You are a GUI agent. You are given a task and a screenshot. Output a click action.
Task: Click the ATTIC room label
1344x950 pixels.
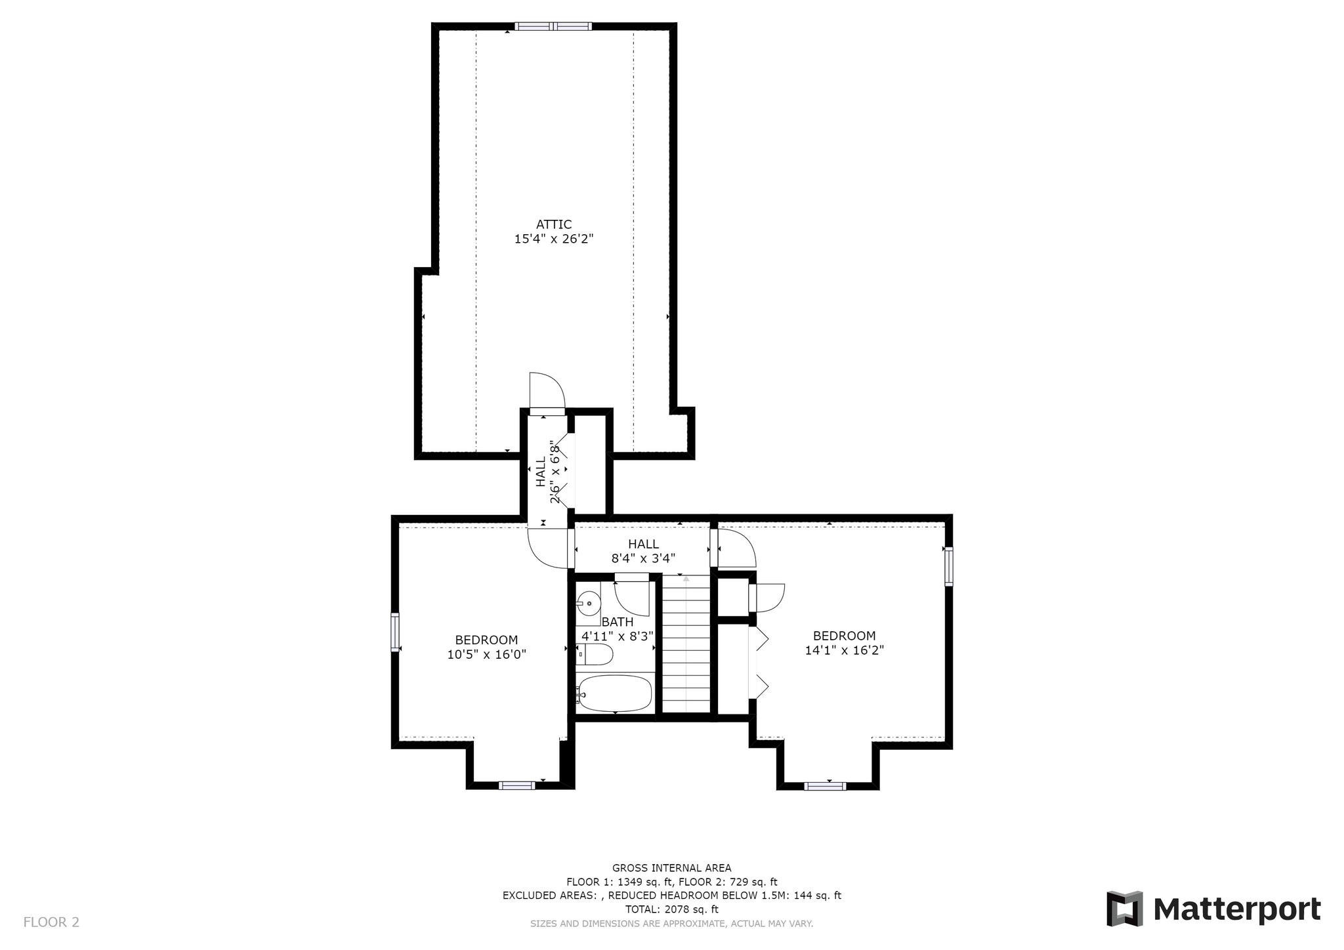pos(554,224)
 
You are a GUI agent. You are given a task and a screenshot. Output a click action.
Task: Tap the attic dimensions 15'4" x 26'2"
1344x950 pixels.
pos(554,239)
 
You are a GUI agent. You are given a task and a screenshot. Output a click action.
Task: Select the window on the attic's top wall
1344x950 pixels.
pos(553,26)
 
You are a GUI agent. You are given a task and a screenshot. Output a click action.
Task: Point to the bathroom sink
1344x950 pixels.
pos(589,602)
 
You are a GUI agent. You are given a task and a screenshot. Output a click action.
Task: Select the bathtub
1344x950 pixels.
pos(615,693)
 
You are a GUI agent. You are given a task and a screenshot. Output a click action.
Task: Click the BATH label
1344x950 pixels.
pos(618,622)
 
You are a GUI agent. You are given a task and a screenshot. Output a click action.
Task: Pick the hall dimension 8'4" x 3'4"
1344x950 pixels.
pos(643,558)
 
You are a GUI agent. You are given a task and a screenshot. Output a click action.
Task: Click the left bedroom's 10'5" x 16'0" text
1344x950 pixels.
pos(486,654)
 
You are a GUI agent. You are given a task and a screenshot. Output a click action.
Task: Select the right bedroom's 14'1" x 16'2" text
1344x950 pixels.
pos(844,650)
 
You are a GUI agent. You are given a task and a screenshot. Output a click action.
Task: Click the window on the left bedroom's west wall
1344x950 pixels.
pos(395,632)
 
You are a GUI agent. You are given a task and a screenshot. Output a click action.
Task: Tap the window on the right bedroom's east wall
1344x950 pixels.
pos(948,566)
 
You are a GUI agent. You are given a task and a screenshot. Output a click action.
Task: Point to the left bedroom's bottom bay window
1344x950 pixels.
pos(516,785)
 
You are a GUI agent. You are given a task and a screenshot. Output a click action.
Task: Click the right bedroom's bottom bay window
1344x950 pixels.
pos(825,786)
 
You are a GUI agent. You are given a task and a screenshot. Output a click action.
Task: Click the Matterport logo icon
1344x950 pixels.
pos(1125,909)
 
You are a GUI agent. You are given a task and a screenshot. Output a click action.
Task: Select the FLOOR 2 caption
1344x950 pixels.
pos(51,922)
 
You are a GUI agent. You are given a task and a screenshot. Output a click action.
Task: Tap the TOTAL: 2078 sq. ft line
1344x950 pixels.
pos(671,909)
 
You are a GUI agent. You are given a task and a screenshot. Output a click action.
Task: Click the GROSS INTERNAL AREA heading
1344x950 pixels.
pos(671,868)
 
